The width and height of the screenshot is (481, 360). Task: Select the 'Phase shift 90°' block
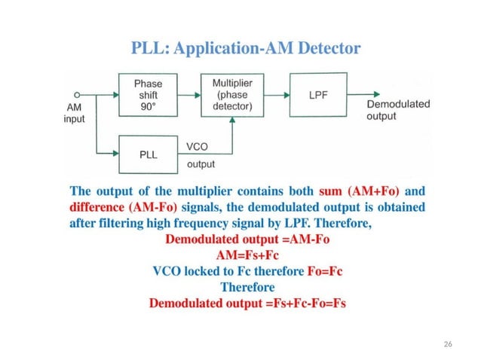[x=148, y=95]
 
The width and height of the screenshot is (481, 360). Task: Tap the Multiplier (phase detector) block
[x=232, y=95]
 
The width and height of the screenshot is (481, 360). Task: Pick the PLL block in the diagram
[x=148, y=153]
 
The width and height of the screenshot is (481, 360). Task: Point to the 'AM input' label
[x=74, y=113]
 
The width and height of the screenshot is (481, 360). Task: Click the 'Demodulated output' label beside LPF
[x=398, y=110]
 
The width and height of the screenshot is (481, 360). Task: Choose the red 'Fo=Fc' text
[x=329, y=271]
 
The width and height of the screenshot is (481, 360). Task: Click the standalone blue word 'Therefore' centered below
[x=247, y=288]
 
